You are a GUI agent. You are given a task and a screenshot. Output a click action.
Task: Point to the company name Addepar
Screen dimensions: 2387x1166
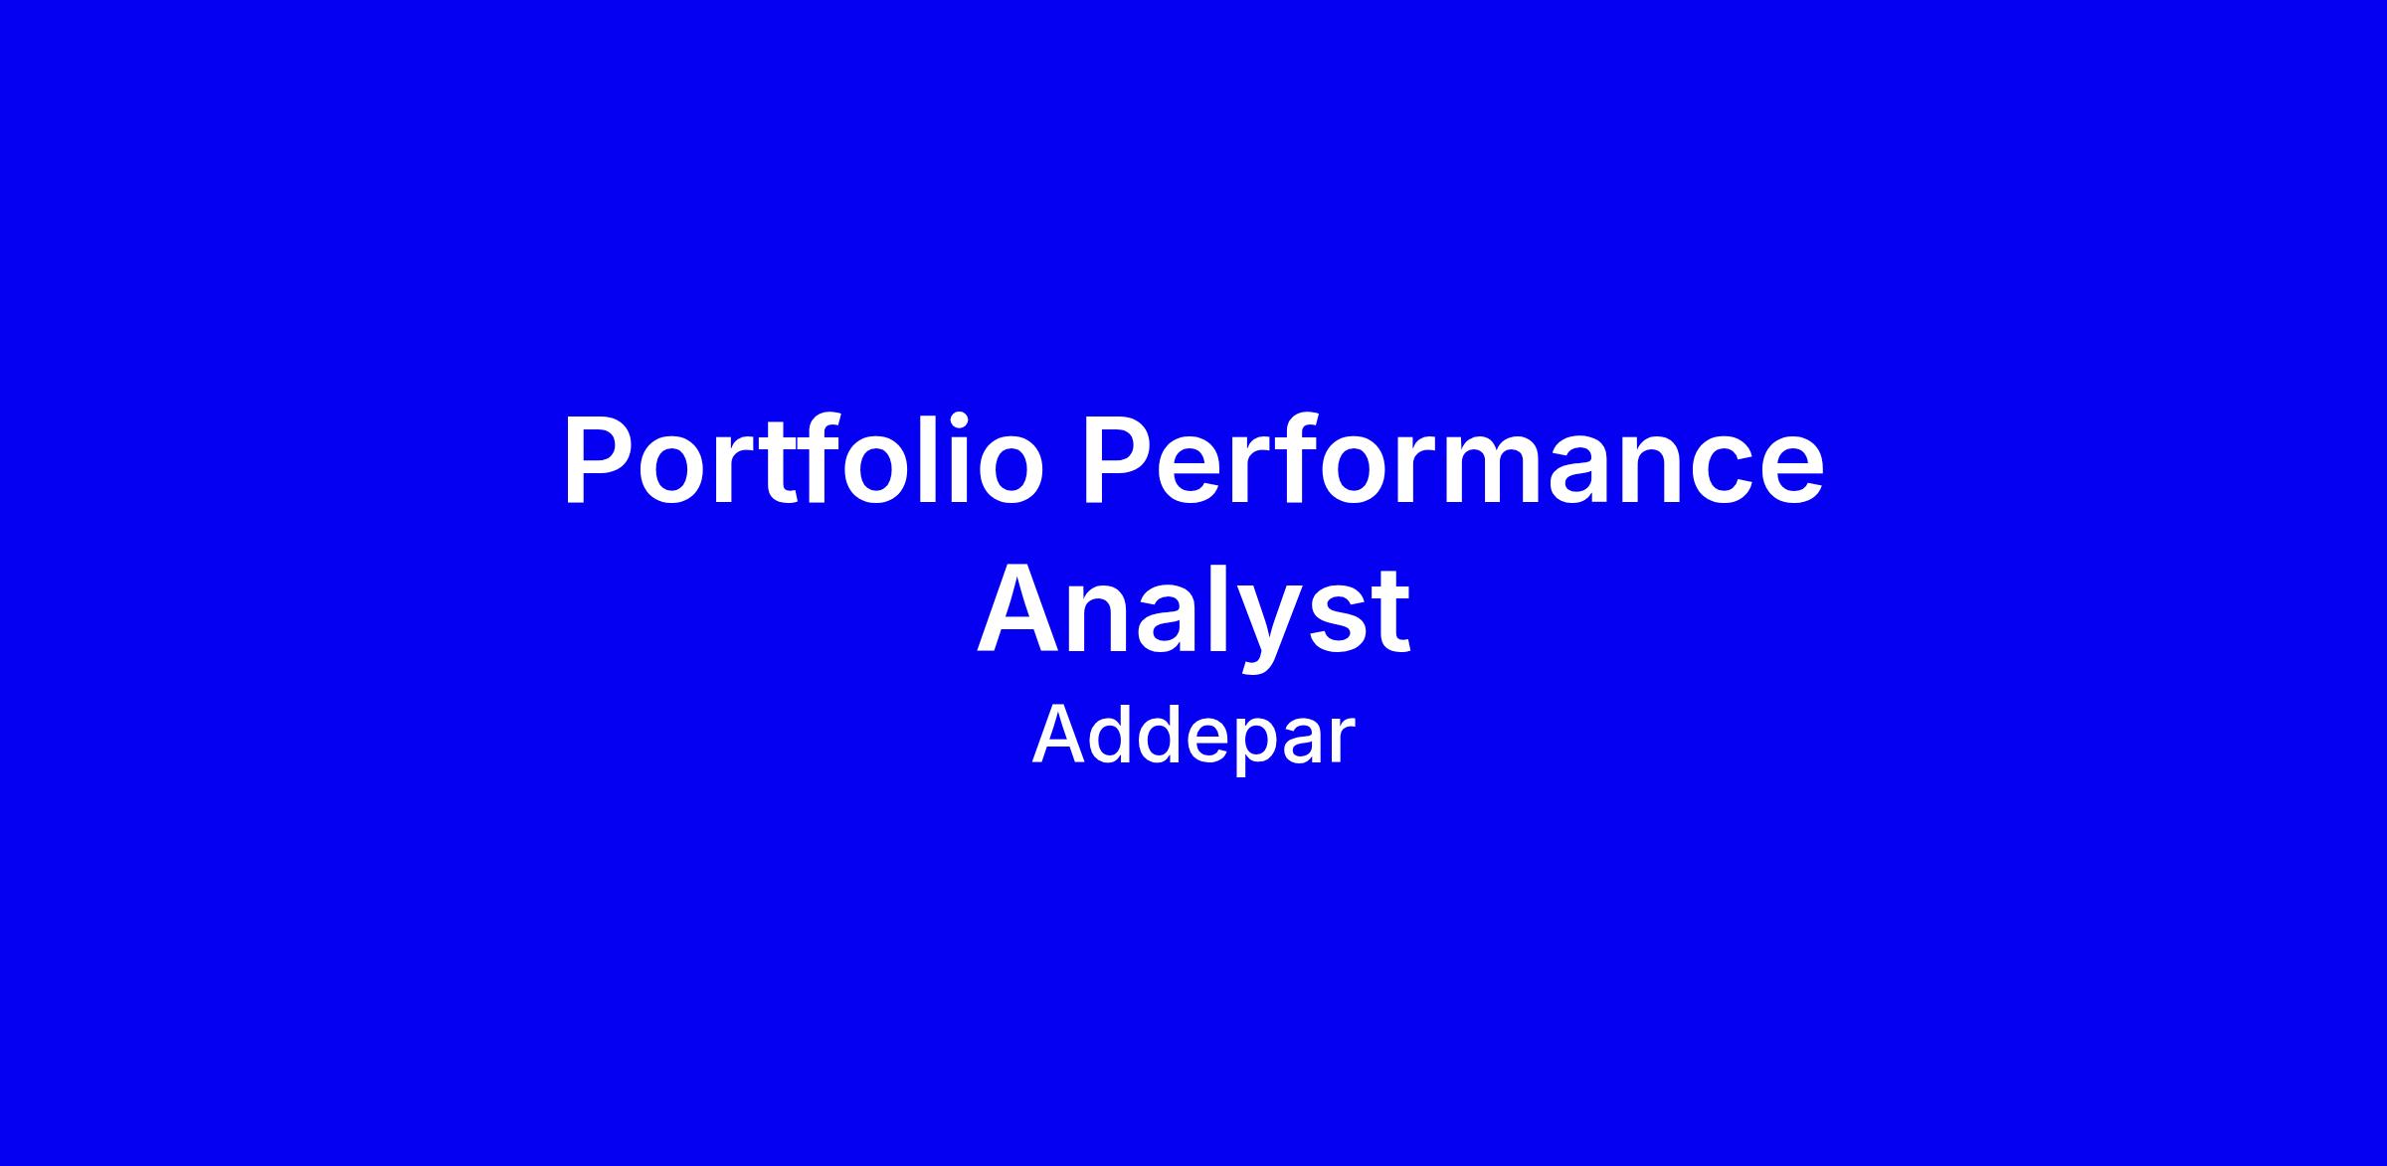[1193, 738]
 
